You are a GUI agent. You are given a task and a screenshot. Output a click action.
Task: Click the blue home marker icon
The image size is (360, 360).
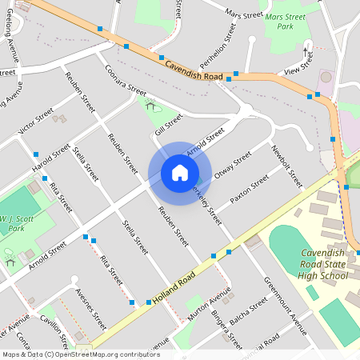point(179,173)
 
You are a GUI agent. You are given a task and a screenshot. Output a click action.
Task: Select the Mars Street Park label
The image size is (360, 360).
point(286,21)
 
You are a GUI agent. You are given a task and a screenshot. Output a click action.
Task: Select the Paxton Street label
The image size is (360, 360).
point(250,189)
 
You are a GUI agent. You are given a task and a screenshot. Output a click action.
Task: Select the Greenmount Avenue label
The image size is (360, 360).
point(286,307)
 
